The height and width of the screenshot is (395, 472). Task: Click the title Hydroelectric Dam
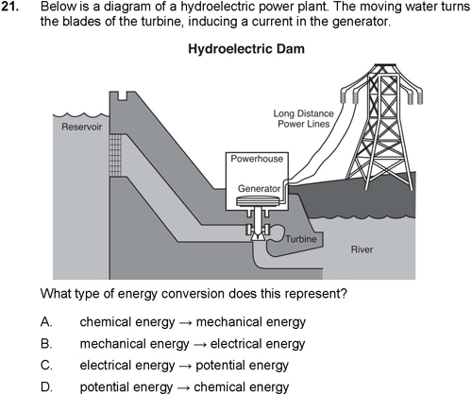[246, 49]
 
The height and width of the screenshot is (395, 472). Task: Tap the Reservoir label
[82, 127]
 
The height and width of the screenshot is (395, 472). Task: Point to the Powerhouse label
[257, 159]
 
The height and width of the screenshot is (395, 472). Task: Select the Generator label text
[259, 188]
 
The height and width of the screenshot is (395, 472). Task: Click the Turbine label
[301, 239]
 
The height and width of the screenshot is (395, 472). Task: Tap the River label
[362, 249]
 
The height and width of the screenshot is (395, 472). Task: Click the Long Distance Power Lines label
[303, 119]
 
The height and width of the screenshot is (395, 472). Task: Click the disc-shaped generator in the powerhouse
[259, 201]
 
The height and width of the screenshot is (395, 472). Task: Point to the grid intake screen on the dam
[115, 155]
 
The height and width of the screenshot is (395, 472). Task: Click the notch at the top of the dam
[123, 96]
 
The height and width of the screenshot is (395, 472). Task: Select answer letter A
[46, 322]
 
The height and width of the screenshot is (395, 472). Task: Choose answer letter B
[46, 344]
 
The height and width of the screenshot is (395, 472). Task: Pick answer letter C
[46, 366]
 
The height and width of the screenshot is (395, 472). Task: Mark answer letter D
[46, 386]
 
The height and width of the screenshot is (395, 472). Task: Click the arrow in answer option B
[199, 345]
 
